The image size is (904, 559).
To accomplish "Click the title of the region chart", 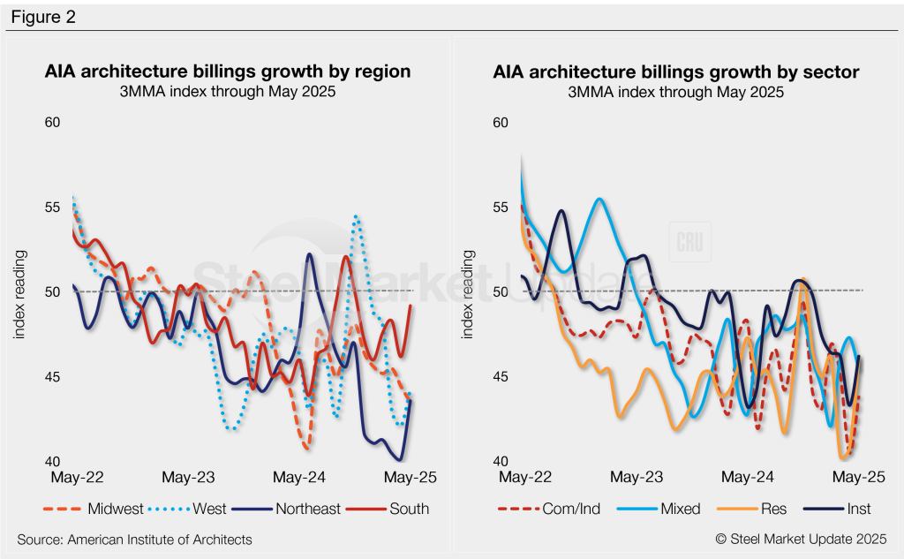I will (228, 72).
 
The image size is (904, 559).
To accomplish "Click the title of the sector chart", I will (675, 72).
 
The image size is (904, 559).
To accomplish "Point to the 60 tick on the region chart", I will (52, 122).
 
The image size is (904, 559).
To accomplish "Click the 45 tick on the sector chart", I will (501, 377).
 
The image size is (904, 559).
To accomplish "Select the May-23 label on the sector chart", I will (636, 478).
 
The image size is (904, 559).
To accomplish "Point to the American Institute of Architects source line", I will (134, 540).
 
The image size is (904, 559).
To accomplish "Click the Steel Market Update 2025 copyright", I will (801, 540).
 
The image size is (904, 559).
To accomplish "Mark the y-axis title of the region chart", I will (19, 293).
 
